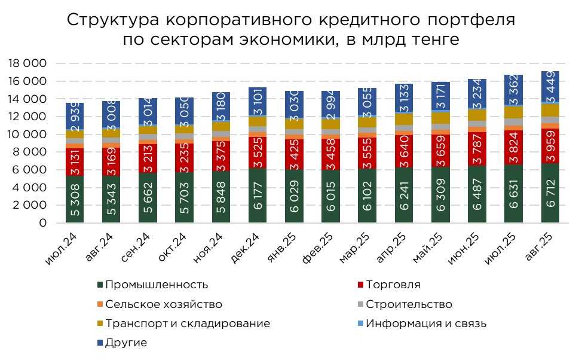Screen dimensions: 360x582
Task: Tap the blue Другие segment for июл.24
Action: click(x=75, y=116)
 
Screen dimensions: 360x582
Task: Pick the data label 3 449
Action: click(x=550, y=87)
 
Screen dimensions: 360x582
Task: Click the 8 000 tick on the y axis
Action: click(x=29, y=152)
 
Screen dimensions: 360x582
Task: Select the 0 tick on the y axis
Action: click(x=42, y=223)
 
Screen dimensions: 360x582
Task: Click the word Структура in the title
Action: click(x=113, y=19)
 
